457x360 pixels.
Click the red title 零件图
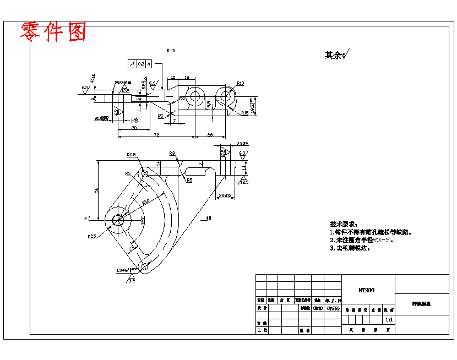point(53,32)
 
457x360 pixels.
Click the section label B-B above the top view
point(171,51)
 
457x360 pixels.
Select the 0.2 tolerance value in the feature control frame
point(141,64)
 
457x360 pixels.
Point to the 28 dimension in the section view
point(210,134)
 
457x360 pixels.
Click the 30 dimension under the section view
point(134,128)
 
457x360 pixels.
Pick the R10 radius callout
point(240,83)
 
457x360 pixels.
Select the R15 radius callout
point(244,113)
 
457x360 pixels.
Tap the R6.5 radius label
point(132,155)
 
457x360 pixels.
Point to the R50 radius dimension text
point(146,201)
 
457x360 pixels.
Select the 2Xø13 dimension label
point(225,195)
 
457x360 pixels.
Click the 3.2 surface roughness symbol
point(132,281)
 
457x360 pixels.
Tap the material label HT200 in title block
point(366,290)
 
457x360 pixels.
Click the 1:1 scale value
point(389,319)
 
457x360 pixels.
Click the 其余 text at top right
point(333,55)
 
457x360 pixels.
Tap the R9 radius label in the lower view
point(172,154)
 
